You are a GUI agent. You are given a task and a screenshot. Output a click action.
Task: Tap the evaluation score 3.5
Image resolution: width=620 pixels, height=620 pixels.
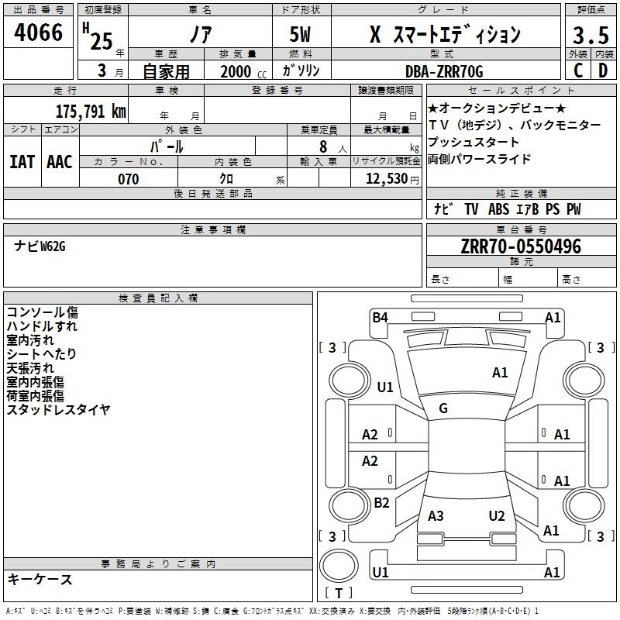590,35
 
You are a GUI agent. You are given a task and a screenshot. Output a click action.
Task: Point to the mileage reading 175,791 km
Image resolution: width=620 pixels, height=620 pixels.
90,111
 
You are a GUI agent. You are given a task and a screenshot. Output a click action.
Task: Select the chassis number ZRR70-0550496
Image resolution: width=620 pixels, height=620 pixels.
520,246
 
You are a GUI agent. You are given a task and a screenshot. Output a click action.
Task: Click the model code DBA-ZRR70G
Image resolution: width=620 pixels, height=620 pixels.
444,71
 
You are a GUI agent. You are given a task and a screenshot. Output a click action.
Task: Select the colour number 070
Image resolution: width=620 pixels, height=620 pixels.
129,179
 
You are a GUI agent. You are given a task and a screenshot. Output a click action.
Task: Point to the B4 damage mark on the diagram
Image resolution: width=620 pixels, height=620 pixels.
380,317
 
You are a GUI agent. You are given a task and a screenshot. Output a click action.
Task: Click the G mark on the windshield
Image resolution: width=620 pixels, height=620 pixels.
443,408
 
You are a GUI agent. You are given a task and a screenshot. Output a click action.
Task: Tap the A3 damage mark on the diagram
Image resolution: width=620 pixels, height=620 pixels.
436,515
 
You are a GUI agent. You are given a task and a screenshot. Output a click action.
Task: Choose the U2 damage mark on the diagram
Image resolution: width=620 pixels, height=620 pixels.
497,515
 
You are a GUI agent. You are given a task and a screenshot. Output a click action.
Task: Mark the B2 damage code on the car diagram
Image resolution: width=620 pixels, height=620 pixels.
381,502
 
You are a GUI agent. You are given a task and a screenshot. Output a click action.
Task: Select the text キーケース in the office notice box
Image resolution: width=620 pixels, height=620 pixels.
40,579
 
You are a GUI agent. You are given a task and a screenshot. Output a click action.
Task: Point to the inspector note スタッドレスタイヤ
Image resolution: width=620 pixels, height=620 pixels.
59,409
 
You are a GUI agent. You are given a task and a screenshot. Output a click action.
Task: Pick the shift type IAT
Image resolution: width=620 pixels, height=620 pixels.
22,161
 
